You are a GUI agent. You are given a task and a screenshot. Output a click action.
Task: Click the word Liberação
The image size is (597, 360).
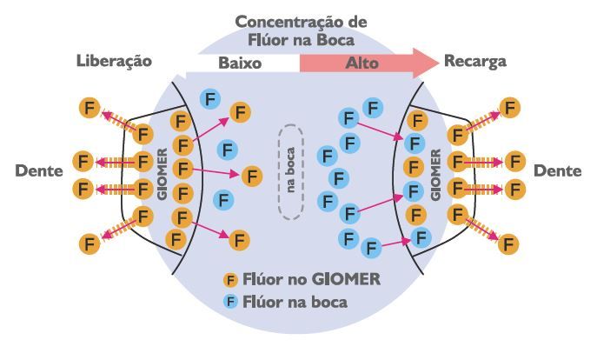pyautogui.click(x=114, y=61)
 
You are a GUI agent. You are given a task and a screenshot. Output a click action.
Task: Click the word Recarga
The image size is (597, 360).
pyautogui.click(x=474, y=62)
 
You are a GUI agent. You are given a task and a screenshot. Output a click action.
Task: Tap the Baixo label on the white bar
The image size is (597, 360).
pyautogui.click(x=240, y=63)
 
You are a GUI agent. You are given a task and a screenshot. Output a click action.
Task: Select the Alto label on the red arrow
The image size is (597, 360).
pyautogui.click(x=362, y=63)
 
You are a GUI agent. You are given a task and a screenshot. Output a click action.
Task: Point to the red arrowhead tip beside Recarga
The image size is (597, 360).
pyautogui.click(x=437, y=63)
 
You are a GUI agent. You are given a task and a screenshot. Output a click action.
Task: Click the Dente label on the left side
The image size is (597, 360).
pyautogui.click(x=39, y=170)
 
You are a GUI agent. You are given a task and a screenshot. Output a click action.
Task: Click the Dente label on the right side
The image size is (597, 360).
pyautogui.click(x=557, y=170)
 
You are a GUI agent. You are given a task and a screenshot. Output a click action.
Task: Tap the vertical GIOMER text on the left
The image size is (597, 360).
pyautogui.click(x=162, y=174)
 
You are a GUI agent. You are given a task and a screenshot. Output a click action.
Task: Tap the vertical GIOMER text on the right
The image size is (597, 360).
pyautogui.click(x=435, y=174)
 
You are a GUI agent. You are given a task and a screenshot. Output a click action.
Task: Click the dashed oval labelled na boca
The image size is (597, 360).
pyautogui.click(x=290, y=170)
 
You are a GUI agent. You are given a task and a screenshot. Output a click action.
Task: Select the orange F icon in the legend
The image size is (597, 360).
pyautogui.click(x=231, y=280)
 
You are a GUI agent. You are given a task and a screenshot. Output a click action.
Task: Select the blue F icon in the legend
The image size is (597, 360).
pyautogui.click(x=231, y=302)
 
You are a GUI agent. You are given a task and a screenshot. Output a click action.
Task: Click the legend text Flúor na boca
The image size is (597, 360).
pyautogui.click(x=296, y=303)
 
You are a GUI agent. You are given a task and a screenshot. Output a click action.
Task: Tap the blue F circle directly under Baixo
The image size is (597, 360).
pyautogui.click(x=209, y=98)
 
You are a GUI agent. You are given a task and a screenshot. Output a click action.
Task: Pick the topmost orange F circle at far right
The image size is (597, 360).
pyautogui.click(x=510, y=108)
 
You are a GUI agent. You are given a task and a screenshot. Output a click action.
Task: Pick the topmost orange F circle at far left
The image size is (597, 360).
pyautogui.click(x=89, y=108)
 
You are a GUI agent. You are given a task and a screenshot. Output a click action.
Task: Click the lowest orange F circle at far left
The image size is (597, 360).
pyautogui.click(x=89, y=243)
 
